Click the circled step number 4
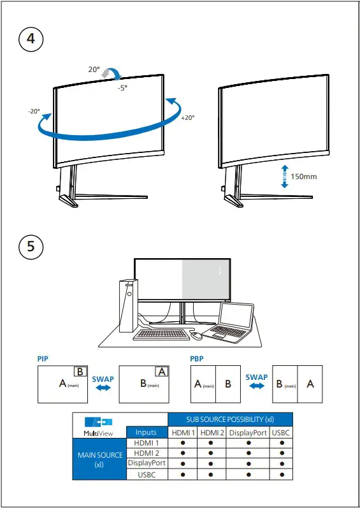(31, 38)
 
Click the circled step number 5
(31, 247)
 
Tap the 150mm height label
(304, 177)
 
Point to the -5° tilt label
(122, 88)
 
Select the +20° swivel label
(187, 118)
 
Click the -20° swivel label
(34, 111)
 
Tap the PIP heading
(43, 359)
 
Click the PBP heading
(197, 359)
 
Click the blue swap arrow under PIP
(103, 388)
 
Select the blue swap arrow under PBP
(256, 386)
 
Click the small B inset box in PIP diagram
(80, 372)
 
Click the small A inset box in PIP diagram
(162, 372)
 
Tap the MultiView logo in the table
(99, 425)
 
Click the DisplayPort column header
(248, 433)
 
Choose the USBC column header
(281, 433)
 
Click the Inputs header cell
(147, 433)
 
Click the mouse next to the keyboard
(197, 335)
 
